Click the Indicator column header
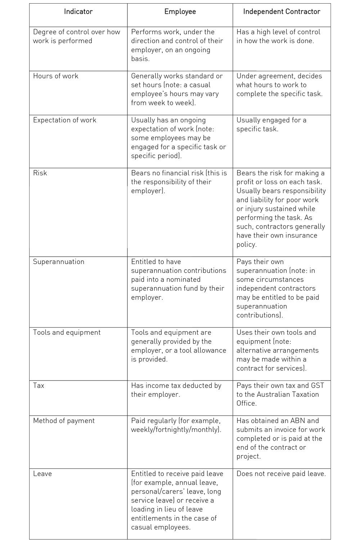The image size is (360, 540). coord(78,12)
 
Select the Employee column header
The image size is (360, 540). coord(180,12)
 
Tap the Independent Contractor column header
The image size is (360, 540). coord(282,12)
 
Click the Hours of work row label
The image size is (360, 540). coord(55,76)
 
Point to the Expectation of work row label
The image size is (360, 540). coord(64,120)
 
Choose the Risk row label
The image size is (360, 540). coord(40,173)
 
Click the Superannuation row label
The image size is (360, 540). coord(58,262)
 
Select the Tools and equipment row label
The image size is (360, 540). coord(67,333)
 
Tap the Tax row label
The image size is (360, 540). coord(39,386)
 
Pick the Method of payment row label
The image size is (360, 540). coord(64,421)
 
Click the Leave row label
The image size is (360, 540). coord(42,474)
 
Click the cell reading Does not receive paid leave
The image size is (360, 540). coord(281,474)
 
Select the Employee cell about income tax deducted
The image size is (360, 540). coord(176,390)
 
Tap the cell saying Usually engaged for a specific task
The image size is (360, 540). coord(271,125)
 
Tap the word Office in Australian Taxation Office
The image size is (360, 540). coord(246,403)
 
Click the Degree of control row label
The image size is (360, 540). coord(76,36)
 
